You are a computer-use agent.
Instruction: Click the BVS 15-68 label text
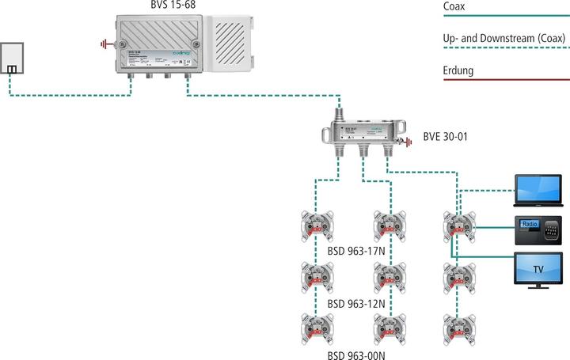tap(173, 6)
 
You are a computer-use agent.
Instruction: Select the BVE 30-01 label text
tap(446, 137)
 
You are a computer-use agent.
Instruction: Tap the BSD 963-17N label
tap(355, 252)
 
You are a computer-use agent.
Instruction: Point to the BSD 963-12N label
tap(355, 302)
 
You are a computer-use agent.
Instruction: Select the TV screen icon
tap(538, 269)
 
